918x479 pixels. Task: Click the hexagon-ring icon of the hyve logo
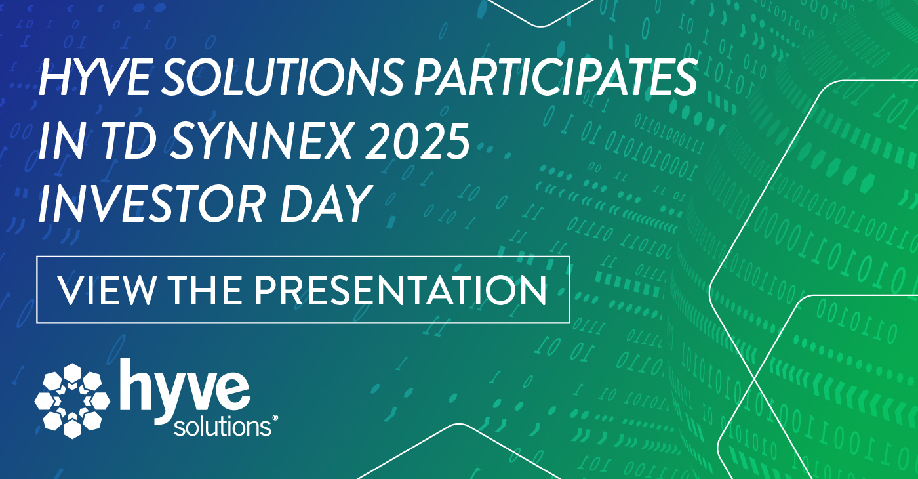(x=72, y=401)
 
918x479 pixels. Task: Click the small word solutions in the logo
(x=222, y=427)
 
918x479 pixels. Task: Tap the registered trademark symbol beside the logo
(x=275, y=418)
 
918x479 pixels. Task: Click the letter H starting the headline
(x=56, y=77)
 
